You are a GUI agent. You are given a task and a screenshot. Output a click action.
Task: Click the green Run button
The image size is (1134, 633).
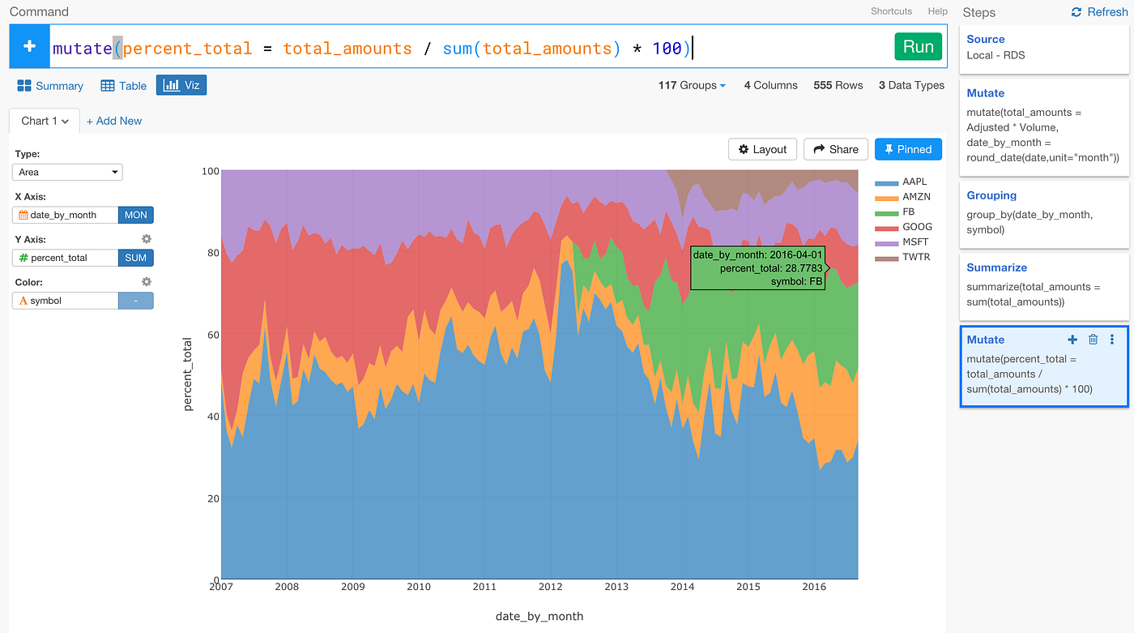[x=918, y=47]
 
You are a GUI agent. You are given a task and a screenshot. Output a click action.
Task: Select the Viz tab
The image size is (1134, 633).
[x=181, y=85]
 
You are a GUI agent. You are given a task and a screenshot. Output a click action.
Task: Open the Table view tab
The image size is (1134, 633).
[x=124, y=86]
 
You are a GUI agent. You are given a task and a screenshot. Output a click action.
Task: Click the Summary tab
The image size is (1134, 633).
[x=50, y=86]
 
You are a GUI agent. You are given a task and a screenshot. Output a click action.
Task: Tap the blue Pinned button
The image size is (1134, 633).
[x=908, y=149]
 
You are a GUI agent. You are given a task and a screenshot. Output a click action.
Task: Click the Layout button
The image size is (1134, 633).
[x=762, y=149]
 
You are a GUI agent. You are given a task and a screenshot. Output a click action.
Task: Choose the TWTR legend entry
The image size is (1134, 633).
[x=915, y=257]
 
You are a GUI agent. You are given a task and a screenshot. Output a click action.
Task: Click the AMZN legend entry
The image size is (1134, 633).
[x=916, y=197]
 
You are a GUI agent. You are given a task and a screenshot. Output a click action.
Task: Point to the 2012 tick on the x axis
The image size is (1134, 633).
[x=551, y=587]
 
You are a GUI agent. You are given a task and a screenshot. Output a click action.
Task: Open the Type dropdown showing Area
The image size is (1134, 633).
[x=67, y=172]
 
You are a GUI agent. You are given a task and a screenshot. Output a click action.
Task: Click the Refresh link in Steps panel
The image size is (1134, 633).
[x=1098, y=12]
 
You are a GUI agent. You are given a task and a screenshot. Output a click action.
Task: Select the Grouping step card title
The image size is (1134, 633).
[x=991, y=195]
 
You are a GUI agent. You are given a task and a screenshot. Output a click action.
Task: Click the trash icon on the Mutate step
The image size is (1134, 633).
[x=1093, y=340]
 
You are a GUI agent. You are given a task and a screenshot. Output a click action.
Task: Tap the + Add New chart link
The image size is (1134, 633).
[x=114, y=121]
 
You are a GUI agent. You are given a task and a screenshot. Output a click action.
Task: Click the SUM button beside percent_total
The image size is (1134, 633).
[x=135, y=258]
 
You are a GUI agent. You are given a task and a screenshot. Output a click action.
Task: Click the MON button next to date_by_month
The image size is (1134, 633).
[x=135, y=215]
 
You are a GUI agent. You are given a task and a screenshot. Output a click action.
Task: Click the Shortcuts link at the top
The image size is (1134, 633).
[x=891, y=11]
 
